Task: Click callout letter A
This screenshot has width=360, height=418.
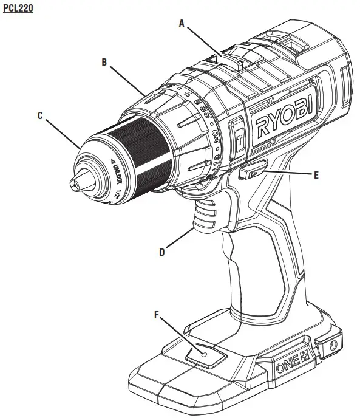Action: click(x=181, y=22)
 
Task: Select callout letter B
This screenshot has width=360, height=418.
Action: click(x=104, y=61)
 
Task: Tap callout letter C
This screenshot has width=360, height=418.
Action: click(x=40, y=115)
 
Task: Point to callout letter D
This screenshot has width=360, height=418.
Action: click(x=162, y=251)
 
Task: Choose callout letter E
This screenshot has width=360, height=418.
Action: click(x=316, y=174)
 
